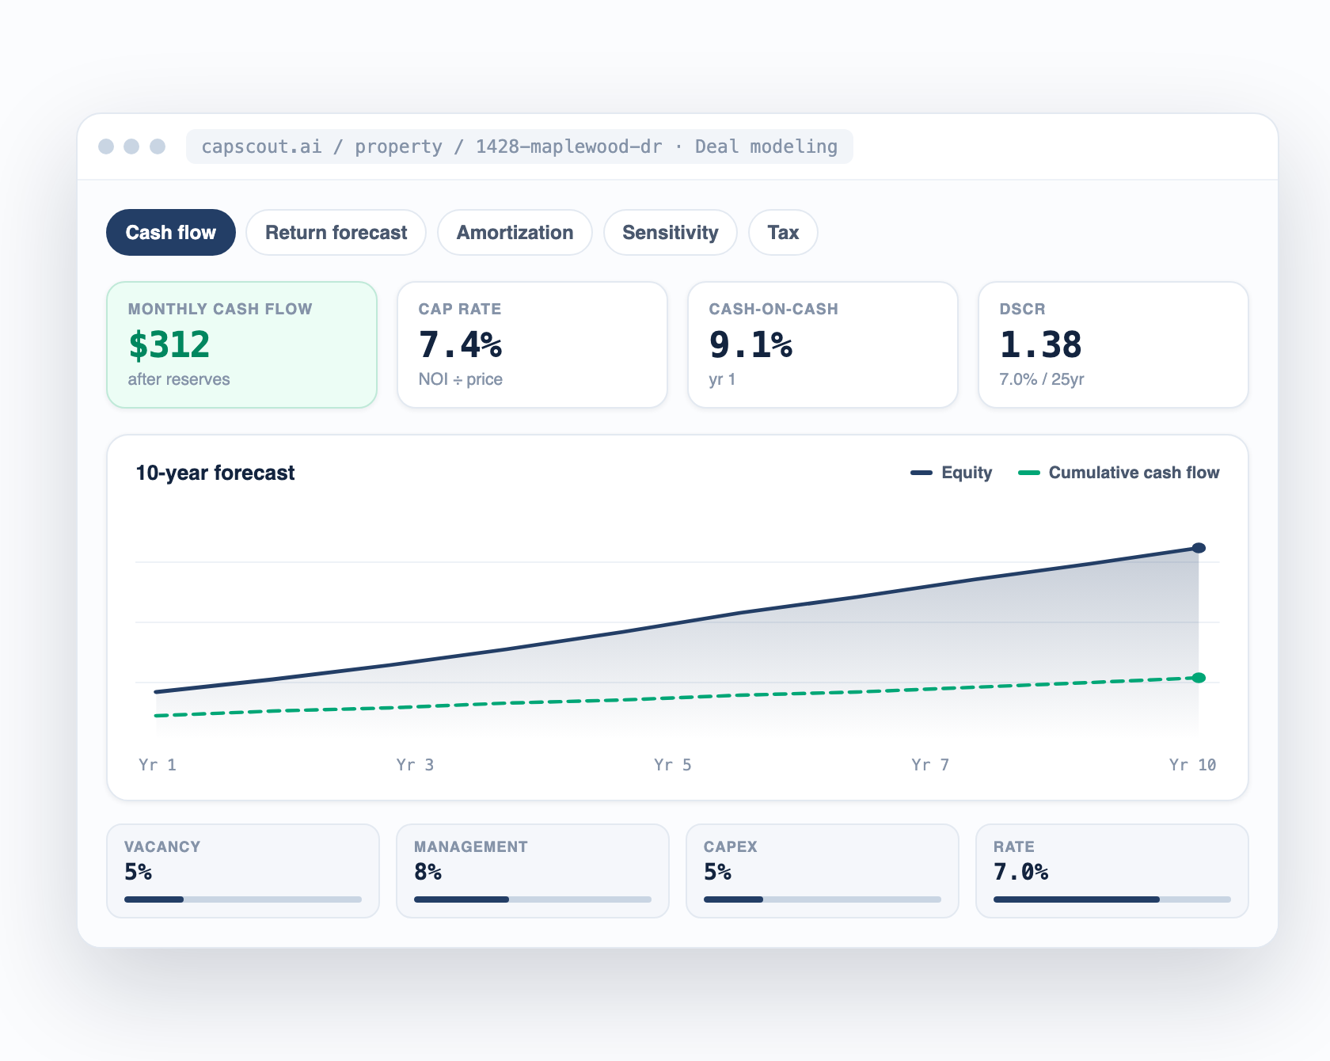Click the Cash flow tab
pyautogui.click(x=171, y=233)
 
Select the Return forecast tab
pyautogui.click(x=336, y=233)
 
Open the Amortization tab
pyautogui.click(x=515, y=233)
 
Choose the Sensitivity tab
pyautogui.click(x=671, y=233)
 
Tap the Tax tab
pyautogui.click(x=783, y=233)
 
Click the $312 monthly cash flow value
pyautogui.click(x=169, y=344)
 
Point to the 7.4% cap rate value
pyautogui.click(x=460, y=344)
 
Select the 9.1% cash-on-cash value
pyautogui.click(x=750, y=344)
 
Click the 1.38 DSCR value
pyautogui.click(x=1040, y=344)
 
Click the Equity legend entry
pyautogui.click(x=952, y=473)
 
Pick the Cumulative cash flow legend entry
pyautogui.click(x=1119, y=473)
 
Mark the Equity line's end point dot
pyautogui.click(x=1199, y=548)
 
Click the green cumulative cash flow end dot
pyautogui.click(x=1199, y=678)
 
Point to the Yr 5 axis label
pyautogui.click(x=673, y=765)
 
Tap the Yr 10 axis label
pyautogui.click(x=1192, y=765)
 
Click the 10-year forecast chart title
pyautogui.click(x=215, y=473)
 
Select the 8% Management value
pyautogui.click(x=427, y=872)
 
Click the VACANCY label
pyautogui.click(x=162, y=846)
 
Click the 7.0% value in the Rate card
pyautogui.click(x=1021, y=872)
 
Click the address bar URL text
pyautogui.click(x=519, y=146)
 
